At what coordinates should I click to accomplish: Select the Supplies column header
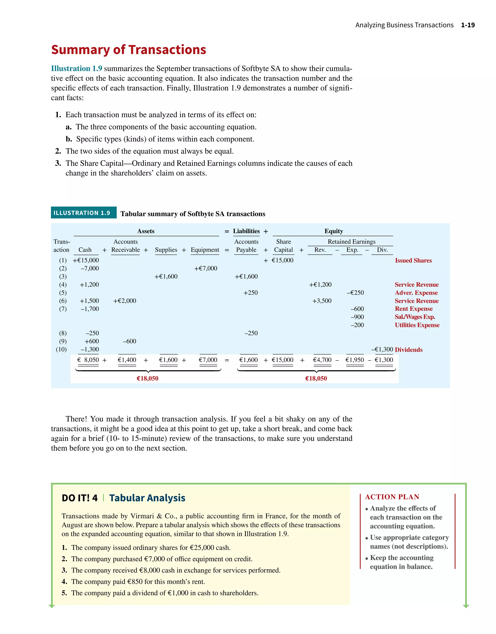point(166,250)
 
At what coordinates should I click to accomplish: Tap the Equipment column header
point(205,250)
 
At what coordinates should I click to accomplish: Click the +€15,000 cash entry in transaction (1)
point(86,260)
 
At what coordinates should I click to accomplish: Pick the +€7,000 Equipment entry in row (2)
point(206,269)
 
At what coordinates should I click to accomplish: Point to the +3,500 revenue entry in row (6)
point(322,301)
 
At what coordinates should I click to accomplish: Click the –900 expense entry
point(357,317)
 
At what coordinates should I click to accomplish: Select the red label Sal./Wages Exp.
point(415,317)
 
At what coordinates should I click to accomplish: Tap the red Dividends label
point(409,350)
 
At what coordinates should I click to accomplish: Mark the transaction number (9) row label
point(63,341)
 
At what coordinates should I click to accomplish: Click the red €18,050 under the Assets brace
point(147,378)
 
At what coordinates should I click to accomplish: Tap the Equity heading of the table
point(333,231)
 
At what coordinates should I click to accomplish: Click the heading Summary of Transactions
point(128,50)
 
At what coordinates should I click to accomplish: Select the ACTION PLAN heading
point(392,497)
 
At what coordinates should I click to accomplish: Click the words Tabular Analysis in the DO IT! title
point(147,498)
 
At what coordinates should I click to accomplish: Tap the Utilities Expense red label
point(417,325)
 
